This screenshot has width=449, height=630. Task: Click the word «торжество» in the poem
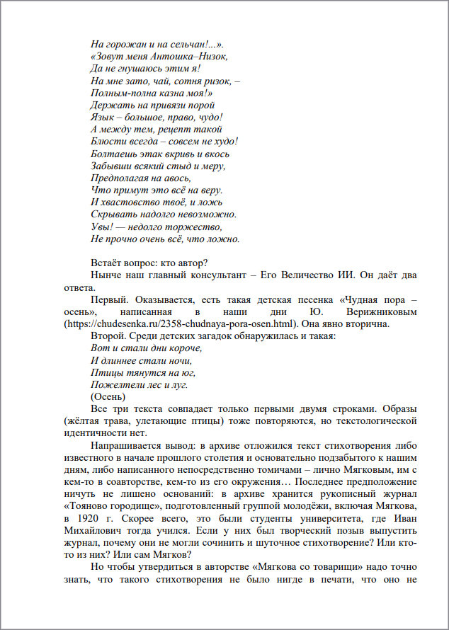point(198,227)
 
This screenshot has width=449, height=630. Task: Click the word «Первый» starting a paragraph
point(108,300)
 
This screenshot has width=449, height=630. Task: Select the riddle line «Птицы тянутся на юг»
point(143,372)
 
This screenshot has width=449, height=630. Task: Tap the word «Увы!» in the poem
point(103,227)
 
